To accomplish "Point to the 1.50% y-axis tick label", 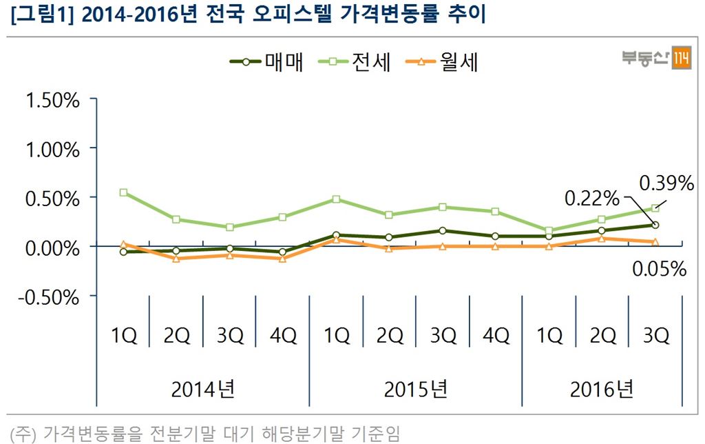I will (52, 100).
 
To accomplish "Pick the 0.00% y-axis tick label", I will (52, 248).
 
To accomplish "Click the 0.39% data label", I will (666, 183).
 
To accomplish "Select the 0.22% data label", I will (592, 199).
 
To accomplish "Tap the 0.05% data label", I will (659, 270).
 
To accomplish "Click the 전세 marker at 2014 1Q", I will (123, 192).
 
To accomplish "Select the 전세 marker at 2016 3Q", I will (655, 208).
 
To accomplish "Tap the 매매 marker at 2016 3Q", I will (655, 225).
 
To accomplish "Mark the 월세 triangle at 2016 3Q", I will (655, 242).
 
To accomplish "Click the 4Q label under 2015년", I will (496, 336).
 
